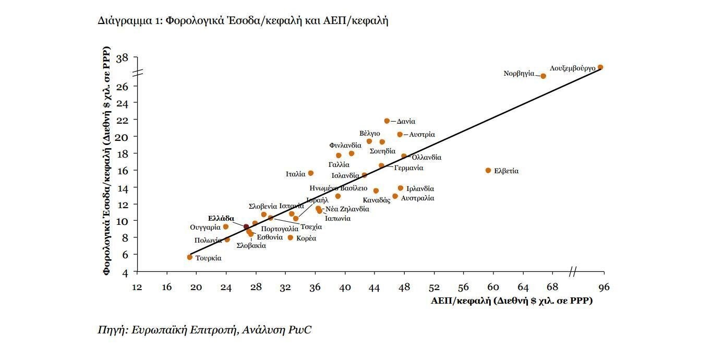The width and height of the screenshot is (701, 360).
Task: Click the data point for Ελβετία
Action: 488,171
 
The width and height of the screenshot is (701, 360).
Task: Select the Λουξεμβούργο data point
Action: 600,67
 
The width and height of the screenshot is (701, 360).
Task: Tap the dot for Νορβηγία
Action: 543,76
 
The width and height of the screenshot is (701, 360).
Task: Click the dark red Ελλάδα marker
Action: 246,226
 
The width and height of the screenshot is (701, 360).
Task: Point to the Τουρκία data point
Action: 190,257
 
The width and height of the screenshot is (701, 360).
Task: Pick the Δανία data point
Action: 387,121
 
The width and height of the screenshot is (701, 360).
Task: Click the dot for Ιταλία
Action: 311,173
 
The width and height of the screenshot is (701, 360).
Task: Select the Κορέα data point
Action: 291,238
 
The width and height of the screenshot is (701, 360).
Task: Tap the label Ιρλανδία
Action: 420,189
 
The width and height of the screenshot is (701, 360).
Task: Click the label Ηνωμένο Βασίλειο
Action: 339,188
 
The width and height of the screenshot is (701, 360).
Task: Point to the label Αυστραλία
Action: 417,198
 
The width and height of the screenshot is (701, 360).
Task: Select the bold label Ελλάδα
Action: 221,219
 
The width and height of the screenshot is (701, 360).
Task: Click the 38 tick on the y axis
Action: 122,58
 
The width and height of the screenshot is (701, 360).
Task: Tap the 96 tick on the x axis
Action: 604,287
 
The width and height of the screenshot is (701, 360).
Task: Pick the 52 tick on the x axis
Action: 434,287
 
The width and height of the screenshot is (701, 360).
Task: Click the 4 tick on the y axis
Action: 125,272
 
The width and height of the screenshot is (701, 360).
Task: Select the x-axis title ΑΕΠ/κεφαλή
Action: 512,301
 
